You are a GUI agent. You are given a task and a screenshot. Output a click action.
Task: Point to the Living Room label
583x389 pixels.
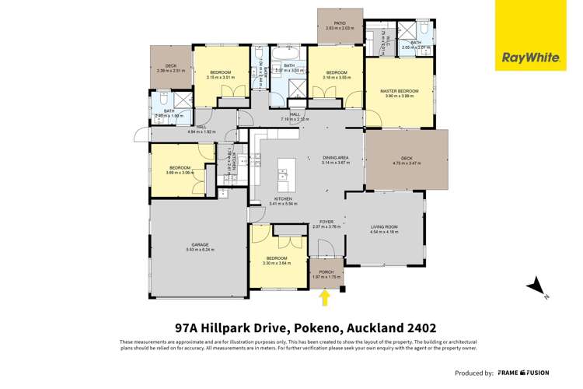[x=384, y=226]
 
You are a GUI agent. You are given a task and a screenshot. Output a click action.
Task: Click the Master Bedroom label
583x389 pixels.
[x=399, y=91]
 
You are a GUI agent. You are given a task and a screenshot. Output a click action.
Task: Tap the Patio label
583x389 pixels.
[x=340, y=23]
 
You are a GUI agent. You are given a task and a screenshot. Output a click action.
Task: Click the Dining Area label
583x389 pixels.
[x=336, y=158]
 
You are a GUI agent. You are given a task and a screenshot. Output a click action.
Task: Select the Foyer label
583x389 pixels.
[x=322, y=222]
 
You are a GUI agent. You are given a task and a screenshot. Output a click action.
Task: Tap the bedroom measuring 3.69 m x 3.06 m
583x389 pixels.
[x=180, y=170]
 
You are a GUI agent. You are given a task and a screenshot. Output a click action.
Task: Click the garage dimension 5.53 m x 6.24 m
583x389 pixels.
[x=200, y=250]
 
